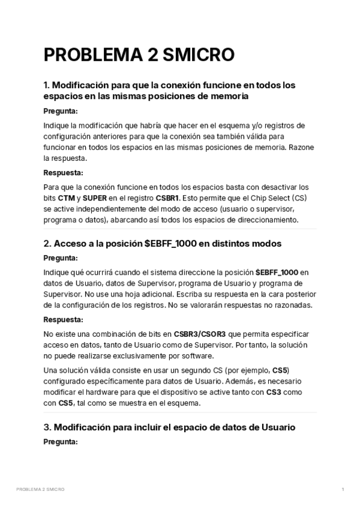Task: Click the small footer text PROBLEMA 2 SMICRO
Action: pos(40,490)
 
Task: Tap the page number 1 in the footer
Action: pos(343,490)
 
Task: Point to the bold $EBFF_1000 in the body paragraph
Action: pos(277,272)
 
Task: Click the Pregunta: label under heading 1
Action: pos(61,111)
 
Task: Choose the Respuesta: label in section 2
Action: pos(63,319)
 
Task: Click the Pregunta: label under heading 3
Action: pos(61,442)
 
